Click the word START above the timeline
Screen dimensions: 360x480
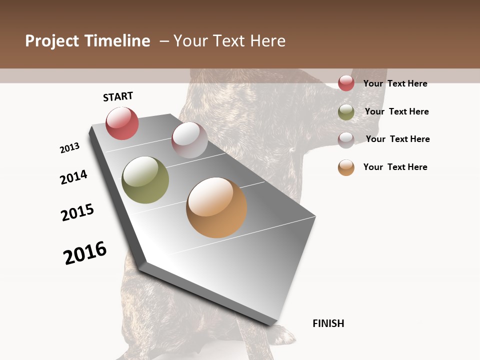[x=118, y=96]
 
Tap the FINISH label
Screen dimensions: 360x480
[x=328, y=323]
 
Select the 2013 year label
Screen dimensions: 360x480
[x=69, y=148]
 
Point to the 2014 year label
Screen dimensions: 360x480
[x=73, y=177]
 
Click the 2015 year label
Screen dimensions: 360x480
[x=77, y=212]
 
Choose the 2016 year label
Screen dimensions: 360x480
[x=85, y=252]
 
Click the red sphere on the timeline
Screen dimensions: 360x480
[x=122, y=123]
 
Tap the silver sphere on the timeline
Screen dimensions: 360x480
[x=189, y=140]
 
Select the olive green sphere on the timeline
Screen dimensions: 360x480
[x=145, y=180]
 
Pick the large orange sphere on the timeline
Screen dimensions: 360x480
[x=216, y=207]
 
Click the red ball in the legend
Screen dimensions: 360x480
[x=346, y=83]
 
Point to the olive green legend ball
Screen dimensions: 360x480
[x=346, y=112]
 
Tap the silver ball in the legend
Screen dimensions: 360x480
[x=346, y=139]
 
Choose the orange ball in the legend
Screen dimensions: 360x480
[x=346, y=167]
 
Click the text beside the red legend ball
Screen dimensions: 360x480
[x=395, y=83]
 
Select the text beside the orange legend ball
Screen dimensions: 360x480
[x=395, y=167]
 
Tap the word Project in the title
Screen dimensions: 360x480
[x=52, y=41]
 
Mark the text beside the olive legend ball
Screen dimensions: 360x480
[x=396, y=111]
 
